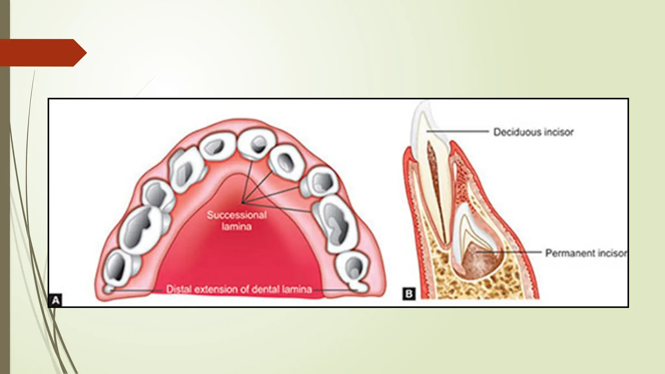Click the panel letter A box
(x=55, y=300)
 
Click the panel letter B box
(x=409, y=294)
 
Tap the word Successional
(x=237, y=215)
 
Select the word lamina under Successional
(x=237, y=226)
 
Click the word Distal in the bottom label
(x=178, y=289)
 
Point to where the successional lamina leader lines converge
(x=242, y=203)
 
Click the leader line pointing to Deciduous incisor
(x=458, y=131)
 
